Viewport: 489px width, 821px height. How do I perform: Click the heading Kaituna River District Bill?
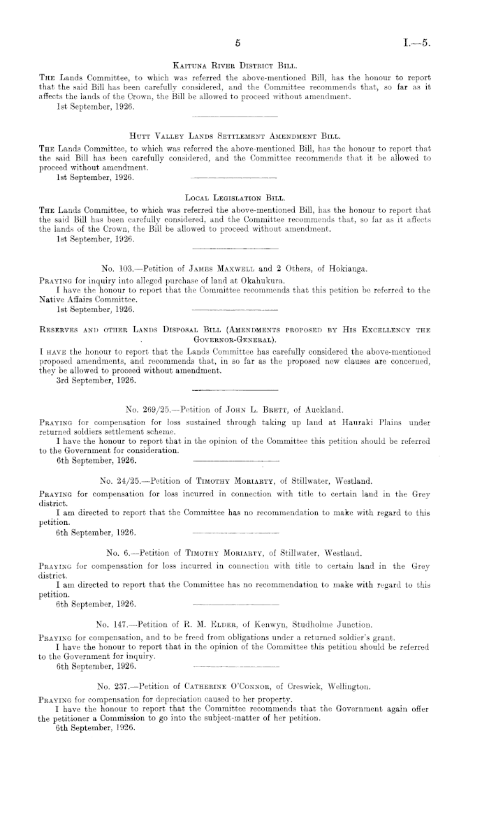[x=239, y=65]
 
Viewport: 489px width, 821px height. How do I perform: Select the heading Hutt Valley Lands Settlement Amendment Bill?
[x=239, y=138]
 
